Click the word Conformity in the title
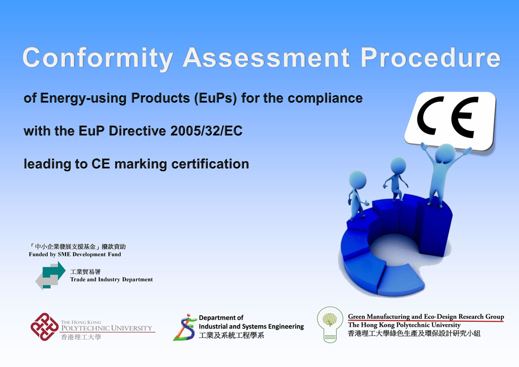tap(98, 58)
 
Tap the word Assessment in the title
tap(266, 57)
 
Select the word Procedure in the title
tap(431, 57)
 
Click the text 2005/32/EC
tap(206, 131)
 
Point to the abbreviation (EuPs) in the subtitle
tap(215, 98)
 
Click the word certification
tap(210, 164)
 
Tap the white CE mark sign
tap(450, 121)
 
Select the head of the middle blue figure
tap(398, 165)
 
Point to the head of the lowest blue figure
tap(357, 180)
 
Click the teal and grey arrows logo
tap(51, 275)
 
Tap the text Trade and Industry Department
tap(111, 279)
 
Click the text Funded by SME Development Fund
tap(75, 254)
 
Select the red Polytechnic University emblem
tap(45, 327)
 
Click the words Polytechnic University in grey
tap(107, 328)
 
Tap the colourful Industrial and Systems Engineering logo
tap(185, 327)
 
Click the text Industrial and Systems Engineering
tap(251, 326)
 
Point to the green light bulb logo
tap(330, 324)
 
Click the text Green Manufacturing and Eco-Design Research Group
tap(426, 316)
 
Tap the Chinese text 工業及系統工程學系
tap(232, 335)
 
